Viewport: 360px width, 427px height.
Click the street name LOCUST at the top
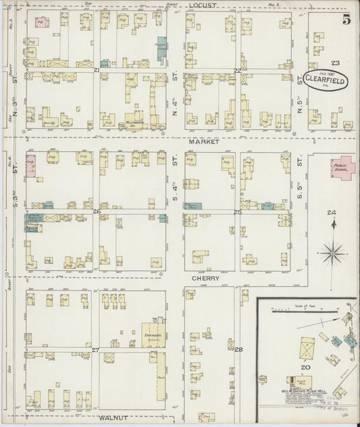pyautogui.click(x=203, y=5)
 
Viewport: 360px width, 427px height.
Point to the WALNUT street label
pyautogui.click(x=113, y=418)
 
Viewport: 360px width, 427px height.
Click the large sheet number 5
pyautogui.click(x=346, y=19)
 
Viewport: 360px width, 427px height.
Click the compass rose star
pyautogui.click(x=331, y=254)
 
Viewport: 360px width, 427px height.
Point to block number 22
pyautogui.click(x=237, y=70)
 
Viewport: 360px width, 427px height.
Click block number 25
pyautogui.click(x=237, y=212)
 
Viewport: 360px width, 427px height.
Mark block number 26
pyautogui.click(x=97, y=211)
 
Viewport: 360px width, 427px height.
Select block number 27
pyautogui.click(x=96, y=349)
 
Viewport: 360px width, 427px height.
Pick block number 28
pyautogui.click(x=238, y=349)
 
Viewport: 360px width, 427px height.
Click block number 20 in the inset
pyautogui.click(x=305, y=367)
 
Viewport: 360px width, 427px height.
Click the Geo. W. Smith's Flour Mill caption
pyautogui.click(x=297, y=391)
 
